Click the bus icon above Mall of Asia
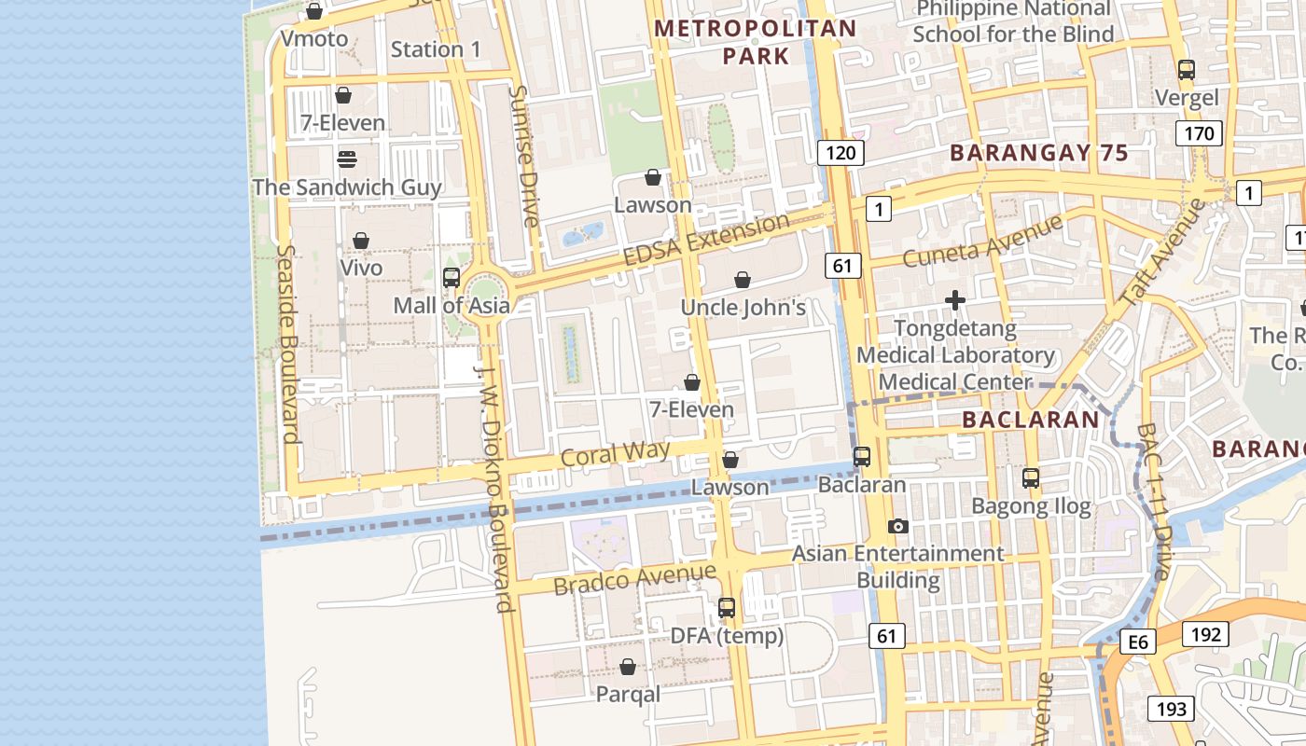pos(452,277)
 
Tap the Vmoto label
pos(314,39)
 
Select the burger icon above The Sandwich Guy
pos(347,159)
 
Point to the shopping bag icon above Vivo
pos(361,241)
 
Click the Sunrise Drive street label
pos(525,157)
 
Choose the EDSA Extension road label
pos(706,239)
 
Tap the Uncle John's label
pos(743,308)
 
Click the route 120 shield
pos(841,153)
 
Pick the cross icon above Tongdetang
pos(954,300)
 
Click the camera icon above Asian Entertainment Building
pos(897,526)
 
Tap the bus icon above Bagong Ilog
pos(1031,478)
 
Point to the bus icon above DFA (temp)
pos(727,608)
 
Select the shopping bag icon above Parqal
pos(628,667)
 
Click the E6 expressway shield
pos(1138,642)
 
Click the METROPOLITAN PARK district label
pos(756,42)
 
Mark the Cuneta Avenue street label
pos(982,241)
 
